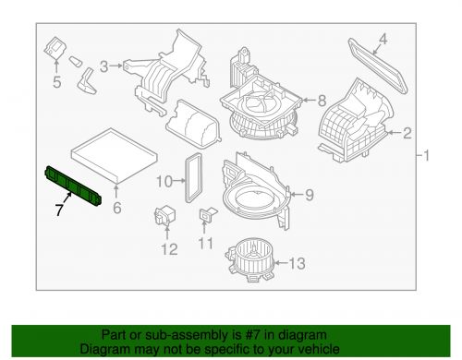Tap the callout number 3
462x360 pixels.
[x=104, y=65]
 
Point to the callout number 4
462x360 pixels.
[x=384, y=39]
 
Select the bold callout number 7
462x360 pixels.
[x=58, y=211]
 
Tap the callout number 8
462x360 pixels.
[x=322, y=101]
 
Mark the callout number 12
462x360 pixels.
[x=167, y=248]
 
